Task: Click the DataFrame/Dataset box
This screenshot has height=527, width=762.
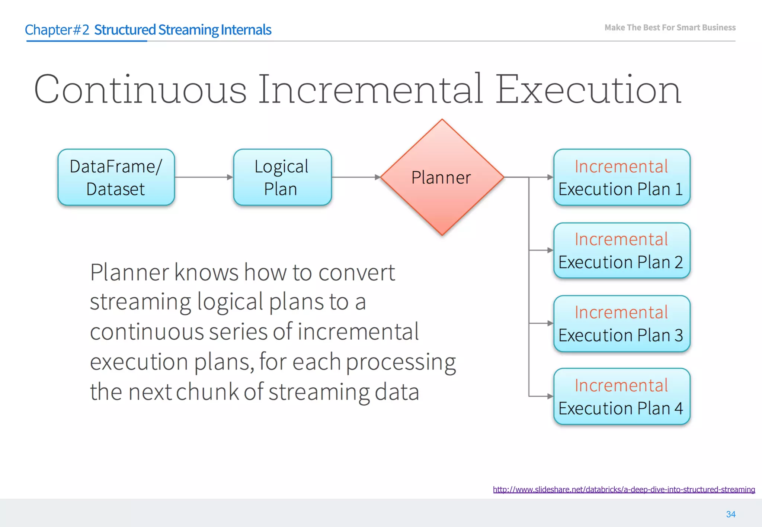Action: (x=116, y=177)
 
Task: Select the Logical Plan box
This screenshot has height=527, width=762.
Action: (x=282, y=177)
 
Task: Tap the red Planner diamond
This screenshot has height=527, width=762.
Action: (x=442, y=177)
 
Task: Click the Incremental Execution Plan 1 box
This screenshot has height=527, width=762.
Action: (x=621, y=177)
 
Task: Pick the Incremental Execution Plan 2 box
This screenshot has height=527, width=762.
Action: (x=621, y=250)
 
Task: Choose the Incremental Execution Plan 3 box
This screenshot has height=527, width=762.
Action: (x=621, y=323)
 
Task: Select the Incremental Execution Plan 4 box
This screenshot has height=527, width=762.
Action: (x=621, y=396)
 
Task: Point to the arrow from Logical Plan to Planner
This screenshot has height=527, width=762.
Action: (x=355, y=177)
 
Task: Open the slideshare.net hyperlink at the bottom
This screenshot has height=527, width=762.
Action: (x=624, y=489)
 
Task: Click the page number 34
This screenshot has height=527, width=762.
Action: (x=730, y=514)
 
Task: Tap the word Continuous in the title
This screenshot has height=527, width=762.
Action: (x=140, y=90)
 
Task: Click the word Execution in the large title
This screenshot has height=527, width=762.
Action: (x=588, y=90)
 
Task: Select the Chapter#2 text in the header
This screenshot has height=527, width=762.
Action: (x=57, y=30)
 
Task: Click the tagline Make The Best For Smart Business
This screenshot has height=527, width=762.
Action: (x=670, y=28)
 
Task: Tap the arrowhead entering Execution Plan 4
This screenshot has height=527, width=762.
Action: (x=550, y=396)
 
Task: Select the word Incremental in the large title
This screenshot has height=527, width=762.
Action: (x=370, y=90)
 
